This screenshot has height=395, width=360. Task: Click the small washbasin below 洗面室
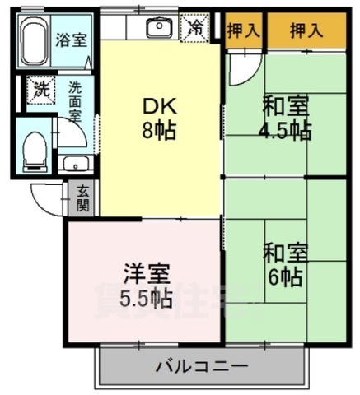tap(75, 162)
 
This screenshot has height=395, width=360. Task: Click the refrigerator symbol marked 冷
tap(196, 27)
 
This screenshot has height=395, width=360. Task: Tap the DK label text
tap(161, 106)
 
